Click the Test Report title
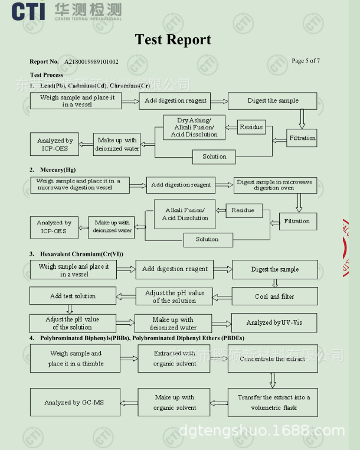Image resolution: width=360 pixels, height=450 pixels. [173, 40]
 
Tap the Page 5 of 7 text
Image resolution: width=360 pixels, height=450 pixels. [306, 61]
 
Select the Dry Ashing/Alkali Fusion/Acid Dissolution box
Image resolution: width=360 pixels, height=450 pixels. [194, 128]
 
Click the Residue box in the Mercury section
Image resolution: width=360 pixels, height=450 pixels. [243, 210]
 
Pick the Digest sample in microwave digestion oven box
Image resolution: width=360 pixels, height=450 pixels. [274, 185]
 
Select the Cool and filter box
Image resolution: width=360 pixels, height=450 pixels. [274, 296]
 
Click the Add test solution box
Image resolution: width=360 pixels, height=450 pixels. [73, 296]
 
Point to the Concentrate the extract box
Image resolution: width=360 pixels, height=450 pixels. [272, 358]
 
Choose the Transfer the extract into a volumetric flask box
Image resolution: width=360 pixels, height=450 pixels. [273, 402]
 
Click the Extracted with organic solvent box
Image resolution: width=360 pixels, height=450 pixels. [174, 358]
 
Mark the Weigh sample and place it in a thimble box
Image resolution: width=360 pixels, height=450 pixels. [76, 358]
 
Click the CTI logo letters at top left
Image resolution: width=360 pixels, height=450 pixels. [27, 10]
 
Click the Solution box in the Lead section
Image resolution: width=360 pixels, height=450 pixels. [214, 156]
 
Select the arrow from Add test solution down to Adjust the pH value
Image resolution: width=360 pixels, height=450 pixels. [70, 309]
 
